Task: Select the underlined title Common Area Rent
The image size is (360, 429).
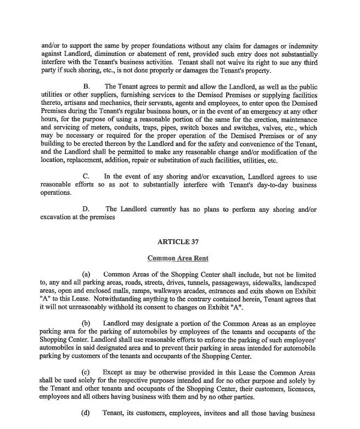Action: [179, 257]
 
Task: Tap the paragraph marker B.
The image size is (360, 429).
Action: [86, 86]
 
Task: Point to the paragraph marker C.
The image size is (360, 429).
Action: [86, 176]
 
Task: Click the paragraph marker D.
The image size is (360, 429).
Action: [86, 209]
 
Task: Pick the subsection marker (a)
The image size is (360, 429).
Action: [86, 273]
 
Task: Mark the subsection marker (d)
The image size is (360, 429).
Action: [86, 413]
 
